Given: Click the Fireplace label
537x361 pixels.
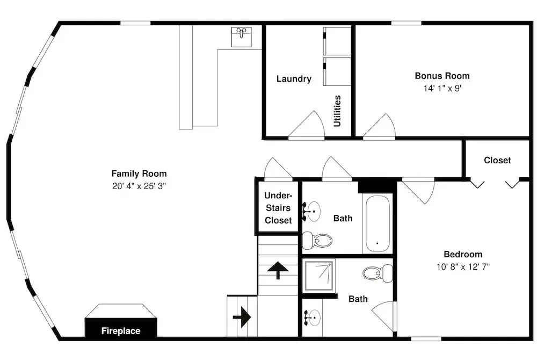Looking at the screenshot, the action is tap(121, 331).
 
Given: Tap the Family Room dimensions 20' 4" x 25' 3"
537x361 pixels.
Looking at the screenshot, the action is tap(139, 186).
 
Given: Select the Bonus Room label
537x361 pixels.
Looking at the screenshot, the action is tap(442, 76).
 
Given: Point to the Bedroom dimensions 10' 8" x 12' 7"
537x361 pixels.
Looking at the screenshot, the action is tap(463, 266).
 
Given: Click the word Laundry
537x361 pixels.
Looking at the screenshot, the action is tap(294, 79).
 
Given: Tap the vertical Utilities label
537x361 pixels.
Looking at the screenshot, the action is tap(337, 111).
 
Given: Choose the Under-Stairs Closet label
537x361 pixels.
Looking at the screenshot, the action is tap(278, 208).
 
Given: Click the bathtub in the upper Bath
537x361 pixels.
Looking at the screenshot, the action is tap(378, 223).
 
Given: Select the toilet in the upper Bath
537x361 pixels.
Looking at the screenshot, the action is tap(317, 241).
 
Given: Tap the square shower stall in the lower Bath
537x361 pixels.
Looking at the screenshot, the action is tap(318, 276).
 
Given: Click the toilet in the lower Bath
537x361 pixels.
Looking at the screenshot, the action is tap(378, 273).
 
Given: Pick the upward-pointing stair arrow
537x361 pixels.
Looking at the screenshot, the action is tap(278, 270).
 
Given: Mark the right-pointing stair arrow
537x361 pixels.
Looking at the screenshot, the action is tap(242, 317).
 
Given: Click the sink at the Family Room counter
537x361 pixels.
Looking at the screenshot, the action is tap(242, 37).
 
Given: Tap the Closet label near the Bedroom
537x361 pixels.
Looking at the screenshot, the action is tap(497, 160).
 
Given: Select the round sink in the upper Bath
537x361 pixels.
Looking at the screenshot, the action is tap(312, 211).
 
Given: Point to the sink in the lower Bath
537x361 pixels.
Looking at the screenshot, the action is tap(313, 318).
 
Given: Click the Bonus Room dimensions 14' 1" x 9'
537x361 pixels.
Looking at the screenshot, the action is tap(442, 88).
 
